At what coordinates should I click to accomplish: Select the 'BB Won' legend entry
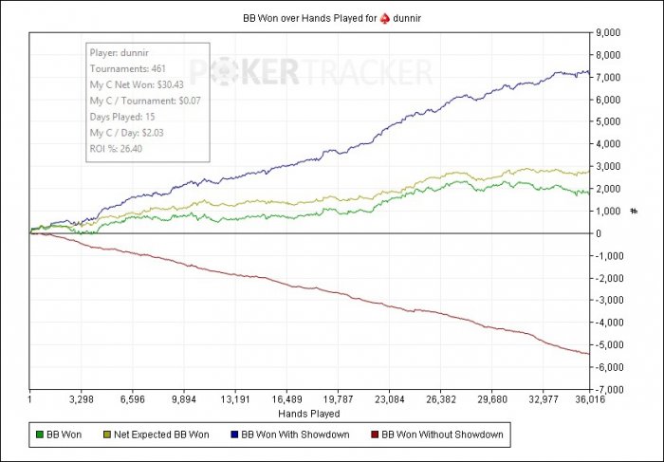(58, 435)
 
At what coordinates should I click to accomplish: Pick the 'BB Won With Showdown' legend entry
(294, 435)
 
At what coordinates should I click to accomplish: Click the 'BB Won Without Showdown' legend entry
(436, 435)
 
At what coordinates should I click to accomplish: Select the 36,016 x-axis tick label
(589, 400)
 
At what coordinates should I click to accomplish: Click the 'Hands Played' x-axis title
(309, 414)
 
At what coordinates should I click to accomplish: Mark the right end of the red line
(589, 354)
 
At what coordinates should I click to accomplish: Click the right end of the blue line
(589, 73)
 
